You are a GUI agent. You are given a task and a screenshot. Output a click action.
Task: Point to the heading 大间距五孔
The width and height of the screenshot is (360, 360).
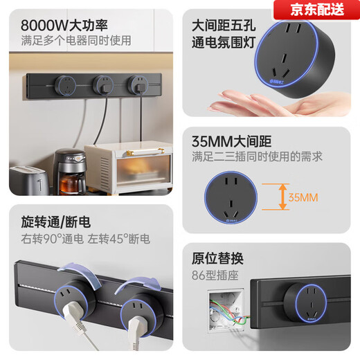coord(222,25)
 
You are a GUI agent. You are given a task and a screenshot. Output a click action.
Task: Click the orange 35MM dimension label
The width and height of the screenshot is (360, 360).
coord(303,197)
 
